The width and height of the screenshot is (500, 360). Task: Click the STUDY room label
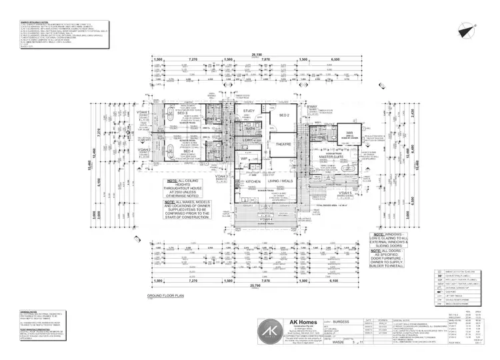click(249, 111)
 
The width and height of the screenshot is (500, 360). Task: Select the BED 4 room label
click(188, 151)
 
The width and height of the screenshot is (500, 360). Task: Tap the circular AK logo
click(270, 332)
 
